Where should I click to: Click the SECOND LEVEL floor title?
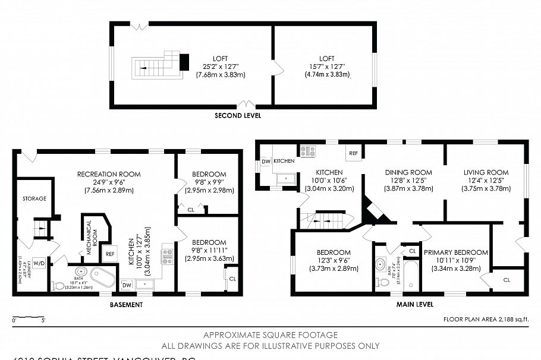pos(237,115)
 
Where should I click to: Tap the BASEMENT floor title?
pos(127,305)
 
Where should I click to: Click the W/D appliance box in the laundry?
pos(39,263)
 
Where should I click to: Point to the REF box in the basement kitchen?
pos(109,254)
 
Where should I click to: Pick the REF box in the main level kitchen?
pos(353,153)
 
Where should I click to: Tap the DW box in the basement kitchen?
pos(126,285)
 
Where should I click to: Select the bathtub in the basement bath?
pos(105,278)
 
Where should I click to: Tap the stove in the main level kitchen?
pos(307,151)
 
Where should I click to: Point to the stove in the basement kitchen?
pos(167,257)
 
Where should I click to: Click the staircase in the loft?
pos(156,67)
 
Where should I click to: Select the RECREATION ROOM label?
pos(109,174)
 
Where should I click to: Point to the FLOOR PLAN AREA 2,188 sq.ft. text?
pos(486,320)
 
